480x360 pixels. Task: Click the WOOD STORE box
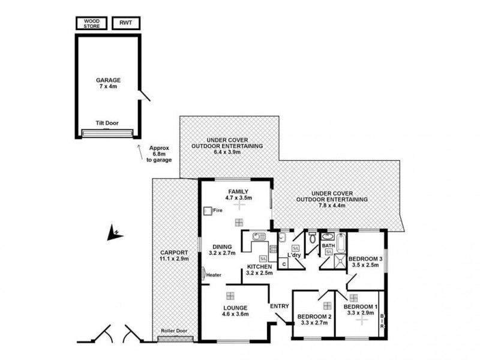click(x=91, y=23)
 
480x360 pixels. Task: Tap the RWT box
click(x=125, y=23)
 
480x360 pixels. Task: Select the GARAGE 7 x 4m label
click(x=109, y=83)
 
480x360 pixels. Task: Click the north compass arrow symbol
click(x=112, y=233)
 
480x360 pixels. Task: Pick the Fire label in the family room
click(x=218, y=211)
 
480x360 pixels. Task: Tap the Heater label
click(x=214, y=275)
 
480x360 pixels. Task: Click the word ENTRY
click(x=279, y=306)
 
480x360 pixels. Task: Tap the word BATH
click(x=329, y=245)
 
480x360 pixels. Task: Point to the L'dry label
click(x=294, y=256)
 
